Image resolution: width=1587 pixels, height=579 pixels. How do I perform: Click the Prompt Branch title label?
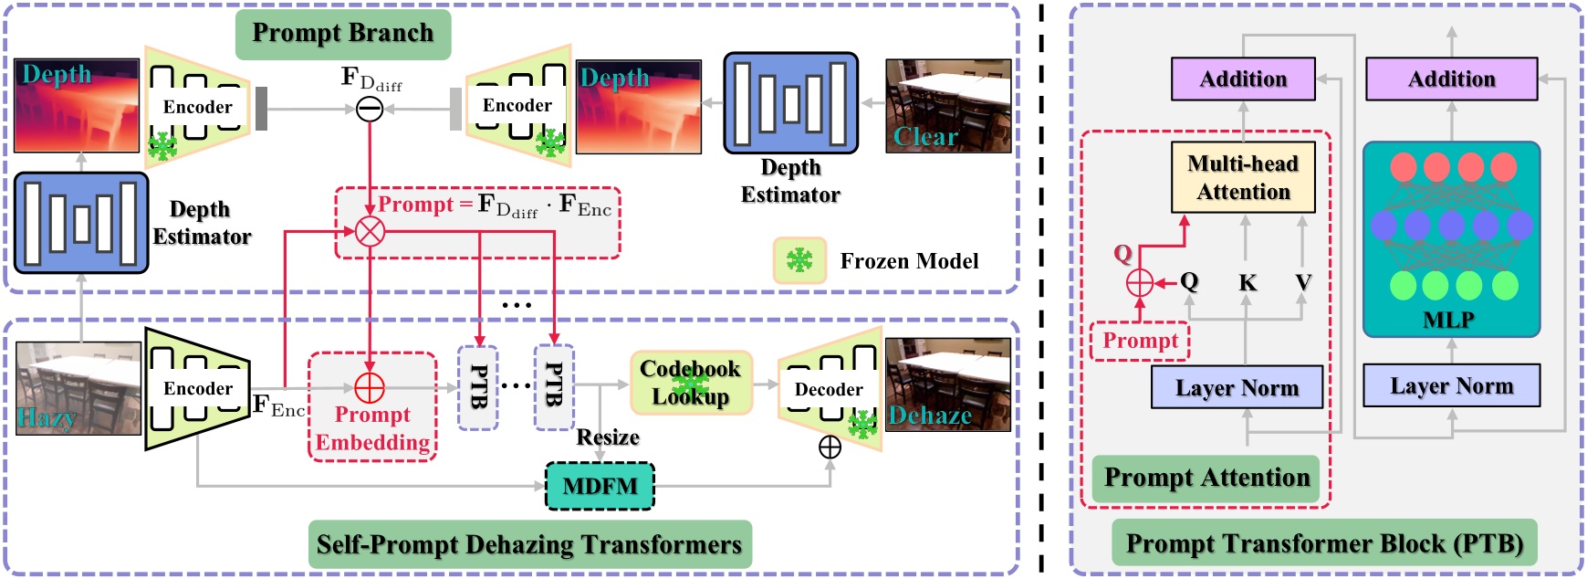pos(342,34)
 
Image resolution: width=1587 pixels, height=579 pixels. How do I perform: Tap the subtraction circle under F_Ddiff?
pos(369,110)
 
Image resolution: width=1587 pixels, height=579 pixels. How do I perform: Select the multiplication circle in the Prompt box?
pos(369,232)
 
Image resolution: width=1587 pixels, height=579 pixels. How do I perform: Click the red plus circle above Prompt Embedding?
pos(369,387)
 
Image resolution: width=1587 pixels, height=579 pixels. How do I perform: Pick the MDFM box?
pos(600,486)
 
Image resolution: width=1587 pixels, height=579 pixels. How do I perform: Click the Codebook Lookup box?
pos(691,383)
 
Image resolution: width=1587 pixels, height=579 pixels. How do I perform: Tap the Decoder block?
pos(829,389)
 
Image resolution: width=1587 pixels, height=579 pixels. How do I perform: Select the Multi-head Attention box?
pos(1243,177)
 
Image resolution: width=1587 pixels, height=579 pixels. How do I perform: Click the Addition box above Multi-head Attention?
pos(1243,79)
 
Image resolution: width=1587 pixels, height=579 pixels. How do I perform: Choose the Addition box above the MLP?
pos(1451,79)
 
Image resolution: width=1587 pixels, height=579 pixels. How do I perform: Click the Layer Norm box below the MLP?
pos(1451,386)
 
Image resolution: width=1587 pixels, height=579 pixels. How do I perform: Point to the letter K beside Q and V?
pos(1247,283)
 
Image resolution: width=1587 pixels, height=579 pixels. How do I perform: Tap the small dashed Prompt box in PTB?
pos(1140,341)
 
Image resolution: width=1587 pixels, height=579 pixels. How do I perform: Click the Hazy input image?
pos(78,387)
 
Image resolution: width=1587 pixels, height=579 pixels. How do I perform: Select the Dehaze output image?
pos(948,384)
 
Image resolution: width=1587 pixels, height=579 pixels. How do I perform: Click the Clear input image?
pos(948,106)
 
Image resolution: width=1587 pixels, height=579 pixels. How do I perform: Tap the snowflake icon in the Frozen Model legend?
pos(799,260)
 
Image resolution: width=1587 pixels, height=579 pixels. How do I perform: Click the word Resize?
pos(608,437)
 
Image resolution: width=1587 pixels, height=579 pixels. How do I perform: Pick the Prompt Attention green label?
pos(1206,478)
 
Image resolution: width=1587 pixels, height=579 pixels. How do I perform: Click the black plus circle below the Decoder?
pos(830,447)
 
